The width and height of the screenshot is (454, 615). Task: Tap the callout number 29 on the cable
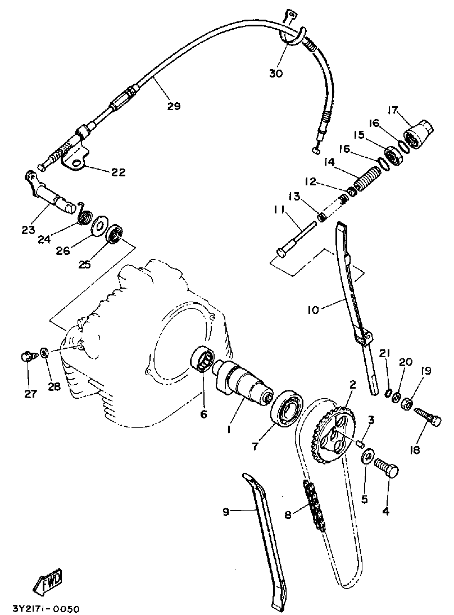point(174,106)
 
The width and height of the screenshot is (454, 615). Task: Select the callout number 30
point(275,74)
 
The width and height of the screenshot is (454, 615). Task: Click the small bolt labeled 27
point(27,356)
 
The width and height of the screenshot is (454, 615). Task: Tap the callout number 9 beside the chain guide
point(226,511)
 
